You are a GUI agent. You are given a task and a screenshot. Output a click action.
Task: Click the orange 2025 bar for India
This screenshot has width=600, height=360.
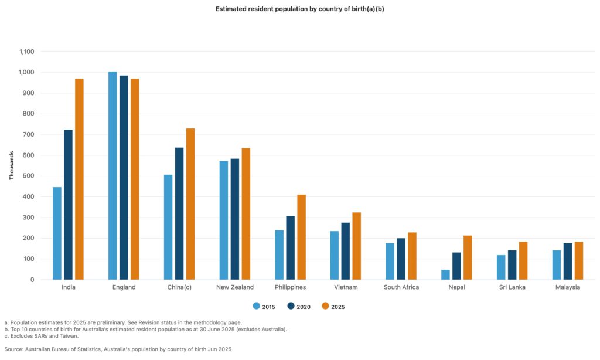coord(79,179)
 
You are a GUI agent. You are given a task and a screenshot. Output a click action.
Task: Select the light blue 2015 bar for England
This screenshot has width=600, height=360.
coord(112,175)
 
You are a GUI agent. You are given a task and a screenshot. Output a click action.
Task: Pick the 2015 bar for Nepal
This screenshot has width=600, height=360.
coord(445,274)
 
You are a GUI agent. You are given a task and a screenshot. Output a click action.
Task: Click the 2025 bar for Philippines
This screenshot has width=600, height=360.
coord(301,237)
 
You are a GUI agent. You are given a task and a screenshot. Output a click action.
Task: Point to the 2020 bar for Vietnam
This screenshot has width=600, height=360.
coord(346,251)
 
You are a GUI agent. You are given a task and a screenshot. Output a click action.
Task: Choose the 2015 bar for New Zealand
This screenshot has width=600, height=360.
coord(223,220)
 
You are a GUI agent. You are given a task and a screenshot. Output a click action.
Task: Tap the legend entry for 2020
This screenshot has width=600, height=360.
coord(299,306)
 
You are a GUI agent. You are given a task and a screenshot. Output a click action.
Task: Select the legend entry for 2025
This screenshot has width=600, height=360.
coord(333,306)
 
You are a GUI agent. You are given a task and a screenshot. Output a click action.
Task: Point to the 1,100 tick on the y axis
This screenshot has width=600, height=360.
coord(26,52)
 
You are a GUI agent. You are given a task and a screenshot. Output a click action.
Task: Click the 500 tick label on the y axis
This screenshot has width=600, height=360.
coord(29,176)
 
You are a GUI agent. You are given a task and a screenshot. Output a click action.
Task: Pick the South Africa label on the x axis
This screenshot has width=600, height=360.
coord(401,287)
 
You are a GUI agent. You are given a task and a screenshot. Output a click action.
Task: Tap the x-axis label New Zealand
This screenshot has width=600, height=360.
coord(234,287)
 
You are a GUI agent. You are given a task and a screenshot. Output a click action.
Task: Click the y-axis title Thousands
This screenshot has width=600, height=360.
coord(12,165)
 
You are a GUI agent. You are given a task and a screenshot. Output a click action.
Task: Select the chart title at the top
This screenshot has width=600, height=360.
coord(299,9)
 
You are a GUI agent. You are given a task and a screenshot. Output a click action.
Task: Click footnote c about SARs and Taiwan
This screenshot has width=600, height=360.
coord(41,336)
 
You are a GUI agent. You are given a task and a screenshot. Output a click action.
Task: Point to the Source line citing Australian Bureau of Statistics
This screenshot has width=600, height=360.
coord(118,349)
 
